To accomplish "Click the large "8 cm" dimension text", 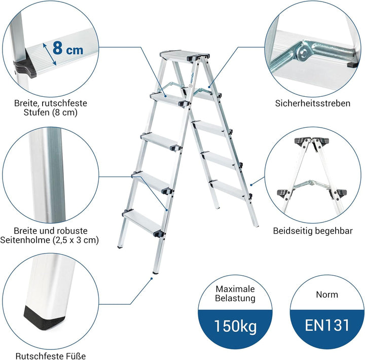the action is [68, 49].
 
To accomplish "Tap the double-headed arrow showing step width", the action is [49, 54].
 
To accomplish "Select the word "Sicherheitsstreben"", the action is [313, 103].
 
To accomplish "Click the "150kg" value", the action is [235, 326].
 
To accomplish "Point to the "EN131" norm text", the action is [327, 325].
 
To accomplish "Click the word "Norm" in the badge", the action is [327, 295].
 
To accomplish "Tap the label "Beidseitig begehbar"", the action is [313, 231].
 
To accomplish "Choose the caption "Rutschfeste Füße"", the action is [51, 356].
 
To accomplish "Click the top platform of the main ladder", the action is [184, 56].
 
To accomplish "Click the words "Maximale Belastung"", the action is [235, 294].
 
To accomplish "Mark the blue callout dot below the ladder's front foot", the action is [151, 278].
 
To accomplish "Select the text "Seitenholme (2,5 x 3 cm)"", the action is [49, 240].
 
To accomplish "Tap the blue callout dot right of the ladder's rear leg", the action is [251, 185].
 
